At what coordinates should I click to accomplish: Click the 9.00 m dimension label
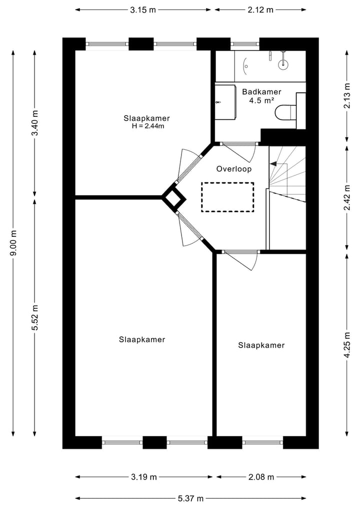tap(14, 243)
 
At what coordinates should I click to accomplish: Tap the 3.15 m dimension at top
tap(143, 9)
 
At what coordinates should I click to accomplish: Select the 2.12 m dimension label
tap(260, 9)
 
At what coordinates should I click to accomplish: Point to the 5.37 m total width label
tap(190, 498)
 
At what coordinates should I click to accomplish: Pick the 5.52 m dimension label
tap(35, 317)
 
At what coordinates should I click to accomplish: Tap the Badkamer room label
tap(261, 92)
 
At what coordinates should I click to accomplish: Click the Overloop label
tap(233, 169)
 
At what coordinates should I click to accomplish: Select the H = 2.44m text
tap(147, 126)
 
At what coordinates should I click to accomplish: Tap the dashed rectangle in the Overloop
tap(227, 197)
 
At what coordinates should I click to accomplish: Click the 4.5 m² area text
tap(261, 100)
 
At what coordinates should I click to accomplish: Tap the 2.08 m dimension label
tap(260, 477)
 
